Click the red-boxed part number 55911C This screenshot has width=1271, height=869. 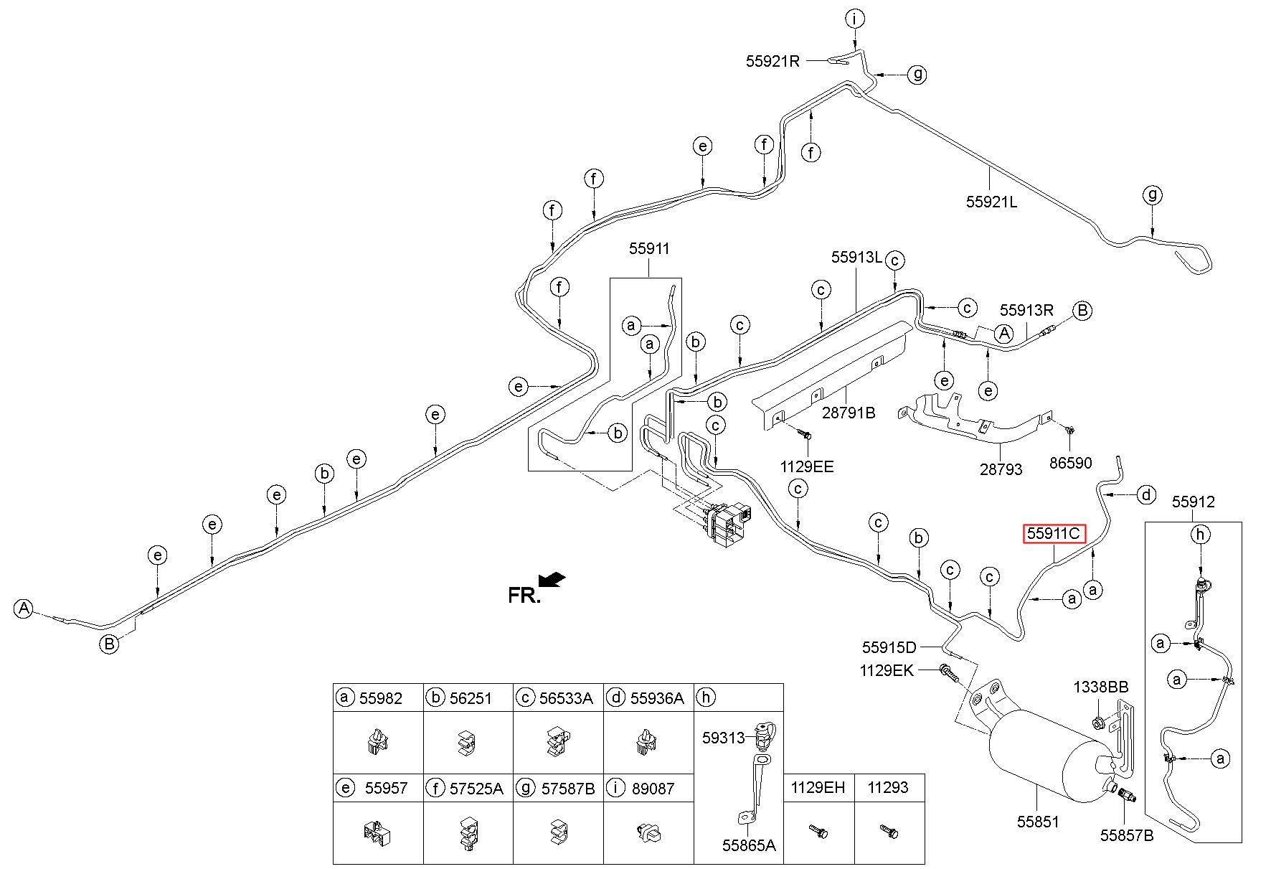1053,533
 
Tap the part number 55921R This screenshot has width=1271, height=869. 772,62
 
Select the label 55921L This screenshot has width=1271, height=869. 991,202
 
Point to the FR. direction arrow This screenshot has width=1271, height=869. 552,579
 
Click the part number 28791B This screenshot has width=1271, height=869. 849,413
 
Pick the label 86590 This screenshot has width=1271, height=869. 1070,463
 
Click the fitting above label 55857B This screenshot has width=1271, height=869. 1123,794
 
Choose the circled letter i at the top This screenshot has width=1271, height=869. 854,19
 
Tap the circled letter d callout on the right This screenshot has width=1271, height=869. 1147,494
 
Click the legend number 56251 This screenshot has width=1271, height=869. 471,698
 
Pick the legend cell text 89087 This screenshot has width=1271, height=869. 652,789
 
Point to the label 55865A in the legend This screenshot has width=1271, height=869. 750,846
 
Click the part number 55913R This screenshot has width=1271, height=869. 1027,310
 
